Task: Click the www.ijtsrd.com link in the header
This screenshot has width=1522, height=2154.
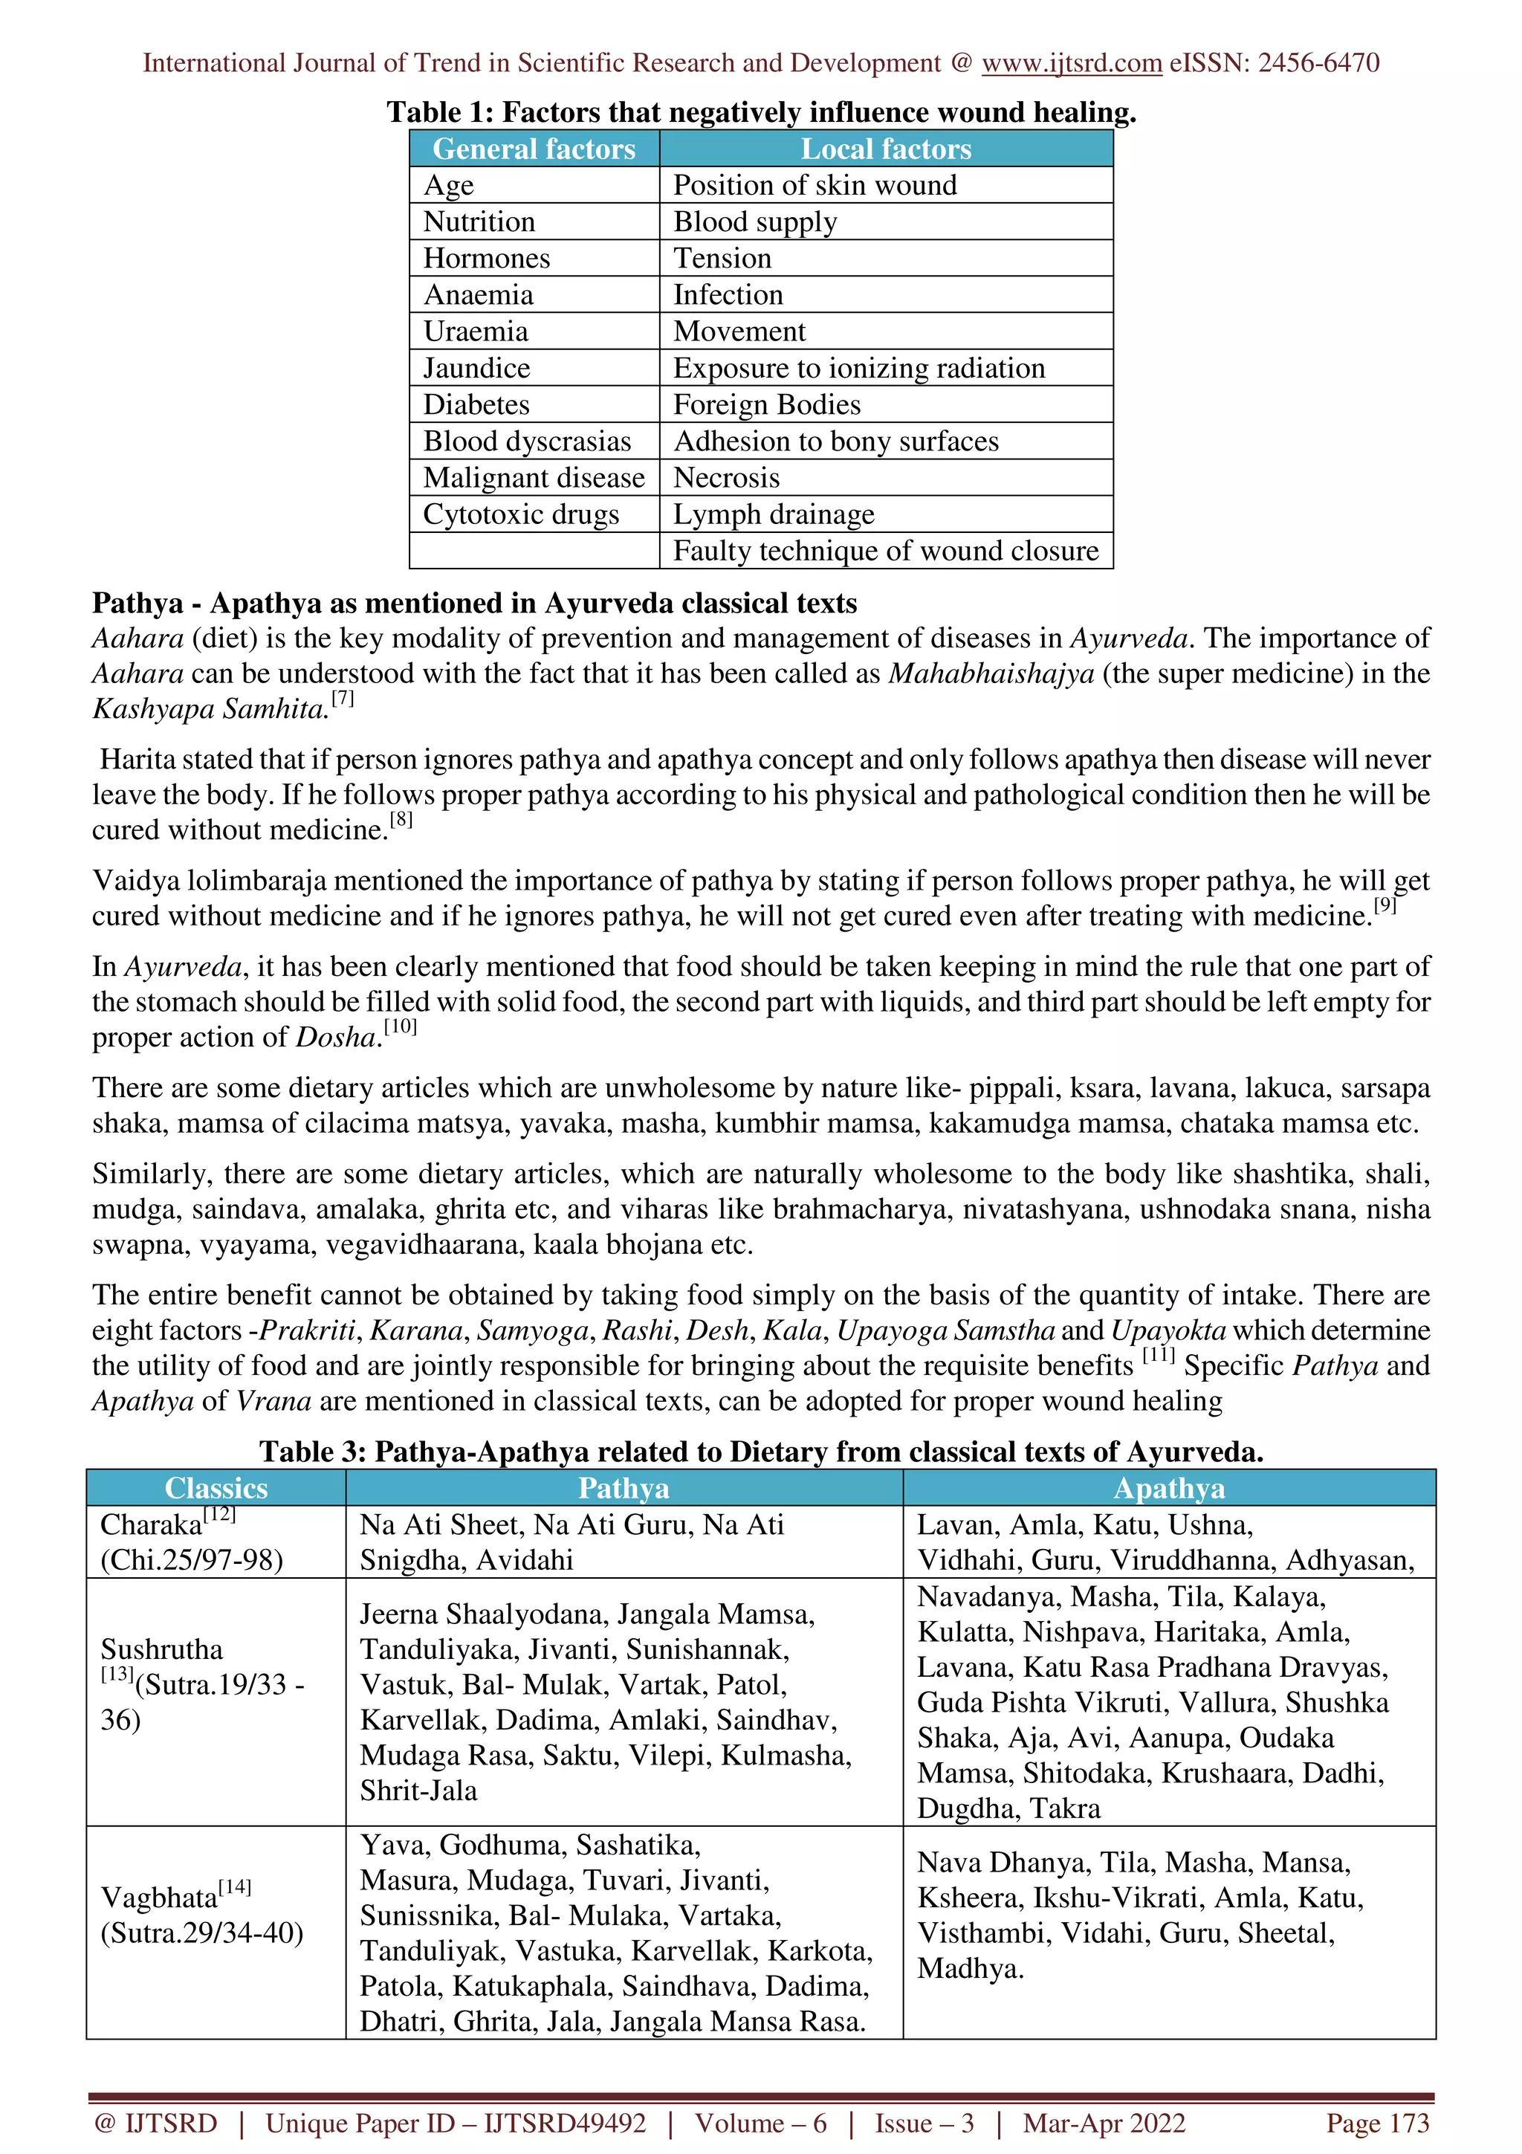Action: (1071, 63)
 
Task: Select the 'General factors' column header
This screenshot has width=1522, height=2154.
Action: (534, 149)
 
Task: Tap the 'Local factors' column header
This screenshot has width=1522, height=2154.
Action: (885, 149)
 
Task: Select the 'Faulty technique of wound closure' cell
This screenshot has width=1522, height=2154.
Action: (885, 551)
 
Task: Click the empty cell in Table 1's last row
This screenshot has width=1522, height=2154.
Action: (534, 551)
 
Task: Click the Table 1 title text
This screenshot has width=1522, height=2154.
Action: (760, 112)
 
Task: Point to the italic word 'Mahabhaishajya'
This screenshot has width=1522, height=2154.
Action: (991, 673)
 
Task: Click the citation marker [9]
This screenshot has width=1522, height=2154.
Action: (1385, 906)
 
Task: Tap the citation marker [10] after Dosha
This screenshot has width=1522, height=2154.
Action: (401, 1027)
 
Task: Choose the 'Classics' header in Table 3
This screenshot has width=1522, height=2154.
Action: (216, 1488)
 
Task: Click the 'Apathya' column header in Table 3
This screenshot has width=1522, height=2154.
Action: (1168, 1488)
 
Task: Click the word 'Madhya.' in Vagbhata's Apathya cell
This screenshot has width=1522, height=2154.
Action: (970, 1968)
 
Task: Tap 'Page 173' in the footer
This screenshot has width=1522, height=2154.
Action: (1376, 2122)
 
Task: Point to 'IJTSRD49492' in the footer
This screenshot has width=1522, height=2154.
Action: (565, 2122)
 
